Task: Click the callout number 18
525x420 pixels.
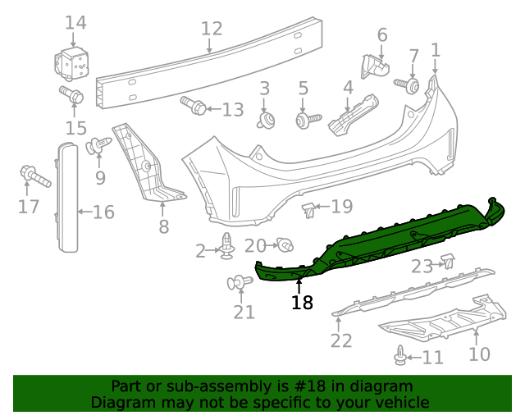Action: coord(302,303)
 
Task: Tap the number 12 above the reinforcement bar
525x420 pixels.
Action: coord(212,29)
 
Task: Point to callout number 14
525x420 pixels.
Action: coord(75,22)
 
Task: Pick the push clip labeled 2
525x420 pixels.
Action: coord(227,245)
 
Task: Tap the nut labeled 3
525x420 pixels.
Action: coord(265,121)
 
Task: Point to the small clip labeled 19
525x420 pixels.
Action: coord(308,210)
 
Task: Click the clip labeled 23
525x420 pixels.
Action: coord(449,262)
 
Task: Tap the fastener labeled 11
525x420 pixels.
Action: coord(401,356)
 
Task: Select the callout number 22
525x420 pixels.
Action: coord(340,340)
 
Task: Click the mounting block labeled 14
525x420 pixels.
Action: coord(73,62)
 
